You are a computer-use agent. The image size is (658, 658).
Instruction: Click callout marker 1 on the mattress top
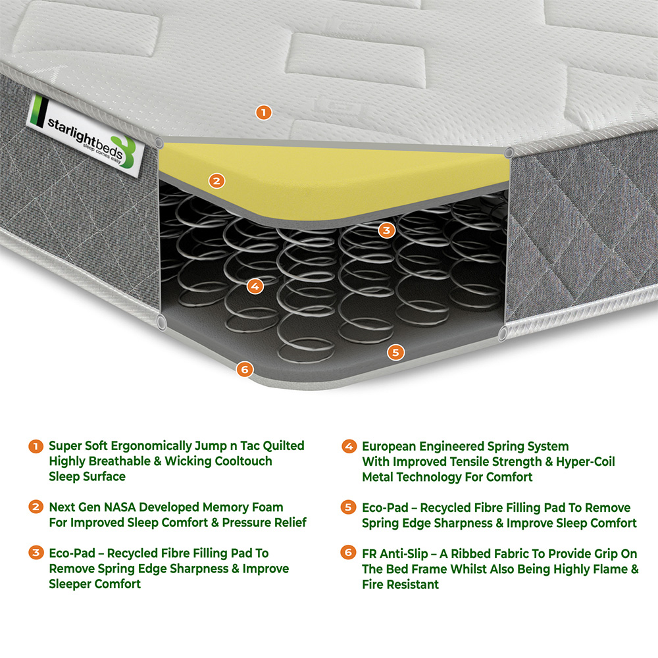263,113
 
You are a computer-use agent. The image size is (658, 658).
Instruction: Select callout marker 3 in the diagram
387,230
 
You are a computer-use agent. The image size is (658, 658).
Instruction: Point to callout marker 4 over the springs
255,286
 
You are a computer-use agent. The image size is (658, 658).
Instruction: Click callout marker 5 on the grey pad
395,352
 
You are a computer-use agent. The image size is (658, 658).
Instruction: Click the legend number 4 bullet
349,447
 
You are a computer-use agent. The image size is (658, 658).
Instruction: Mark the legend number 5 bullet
349,507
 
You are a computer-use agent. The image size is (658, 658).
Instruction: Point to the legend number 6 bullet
349,553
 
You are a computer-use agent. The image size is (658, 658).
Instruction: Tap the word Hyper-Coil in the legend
586,461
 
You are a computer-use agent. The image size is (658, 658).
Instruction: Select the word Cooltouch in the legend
243,461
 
